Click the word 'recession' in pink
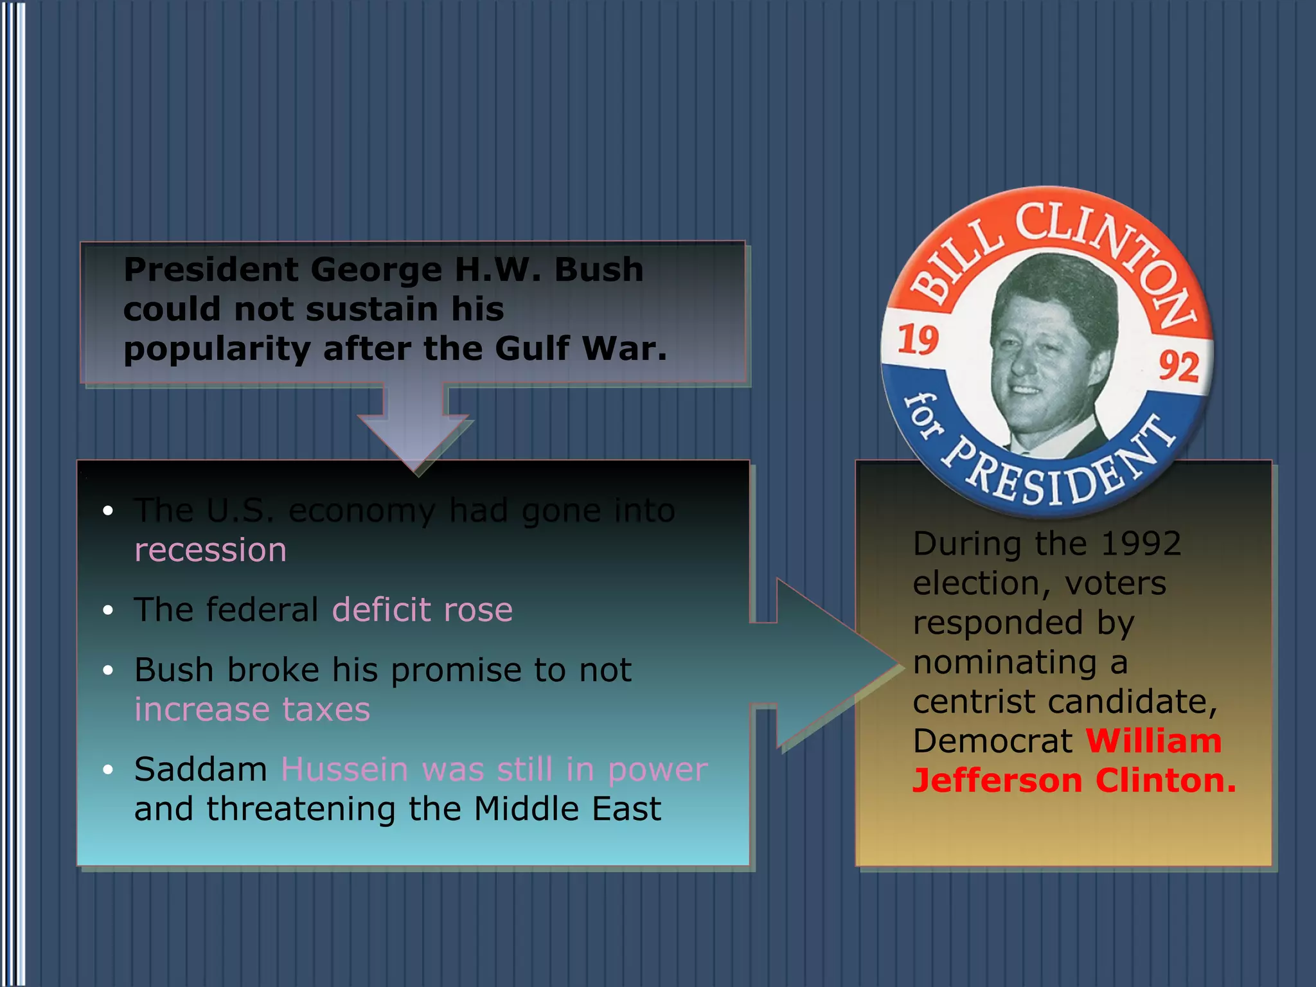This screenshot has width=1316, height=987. click(x=210, y=551)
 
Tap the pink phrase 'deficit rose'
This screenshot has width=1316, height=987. click(x=422, y=610)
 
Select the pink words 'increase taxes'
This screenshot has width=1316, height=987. click(x=252, y=710)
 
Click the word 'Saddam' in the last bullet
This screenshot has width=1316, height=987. click(x=200, y=769)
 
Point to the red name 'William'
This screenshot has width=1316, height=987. click(x=1153, y=741)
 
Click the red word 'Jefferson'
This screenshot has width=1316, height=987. click(x=998, y=781)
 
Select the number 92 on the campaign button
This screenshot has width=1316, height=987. click(x=1178, y=366)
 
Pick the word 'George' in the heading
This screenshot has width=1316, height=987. click(x=376, y=270)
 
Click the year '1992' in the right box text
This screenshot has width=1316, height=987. click(x=1141, y=544)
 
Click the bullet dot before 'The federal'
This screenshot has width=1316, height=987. click(x=108, y=610)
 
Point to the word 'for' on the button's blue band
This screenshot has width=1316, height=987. click(x=923, y=416)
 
